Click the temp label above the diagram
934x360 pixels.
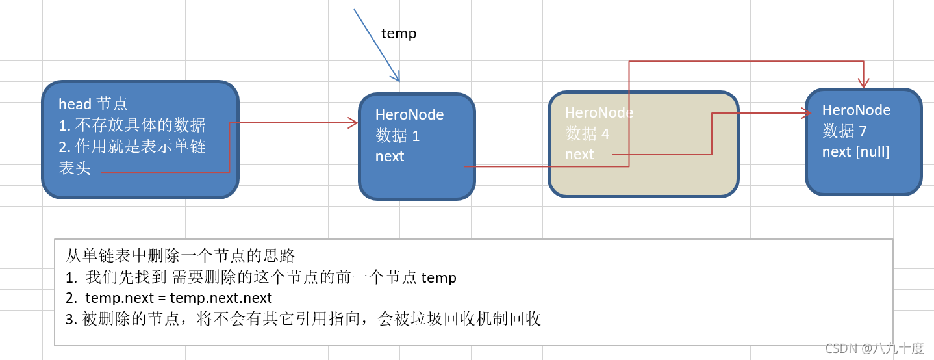click(x=398, y=33)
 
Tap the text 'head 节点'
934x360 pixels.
click(x=93, y=104)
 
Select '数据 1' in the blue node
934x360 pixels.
click(x=398, y=136)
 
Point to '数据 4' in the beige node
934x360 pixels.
click(x=587, y=133)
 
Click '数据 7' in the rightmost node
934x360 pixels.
click(x=844, y=131)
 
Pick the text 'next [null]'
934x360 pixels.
click(x=855, y=151)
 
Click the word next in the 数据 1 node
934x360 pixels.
click(x=390, y=156)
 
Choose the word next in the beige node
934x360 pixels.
click(x=579, y=154)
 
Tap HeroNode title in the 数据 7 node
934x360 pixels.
click(x=856, y=110)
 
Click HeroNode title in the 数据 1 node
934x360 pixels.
click(x=409, y=114)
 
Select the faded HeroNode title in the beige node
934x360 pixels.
click(x=599, y=112)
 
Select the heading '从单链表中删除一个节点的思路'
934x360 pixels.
click(x=181, y=255)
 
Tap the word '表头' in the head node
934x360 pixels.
click(x=75, y=168)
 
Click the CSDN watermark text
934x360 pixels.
click(x=874, y=348)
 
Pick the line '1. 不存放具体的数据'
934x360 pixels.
click(x=132, y=125)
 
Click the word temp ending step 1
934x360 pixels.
click(x=439, y=278)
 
